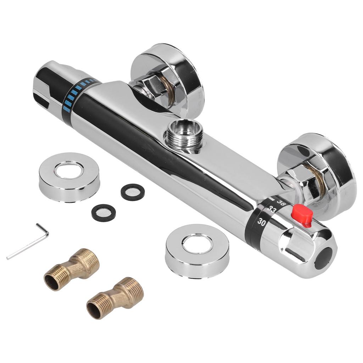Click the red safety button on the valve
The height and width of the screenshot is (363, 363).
[x=302, y=214]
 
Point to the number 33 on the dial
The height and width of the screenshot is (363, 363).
[x=272, y=210]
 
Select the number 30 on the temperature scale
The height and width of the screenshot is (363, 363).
[x=262, y=222]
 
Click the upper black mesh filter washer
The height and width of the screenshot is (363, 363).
[x=133, y=192]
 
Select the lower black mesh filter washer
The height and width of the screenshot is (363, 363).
[x=104, y=212]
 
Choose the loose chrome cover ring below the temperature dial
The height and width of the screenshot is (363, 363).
[x=197, y=251]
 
